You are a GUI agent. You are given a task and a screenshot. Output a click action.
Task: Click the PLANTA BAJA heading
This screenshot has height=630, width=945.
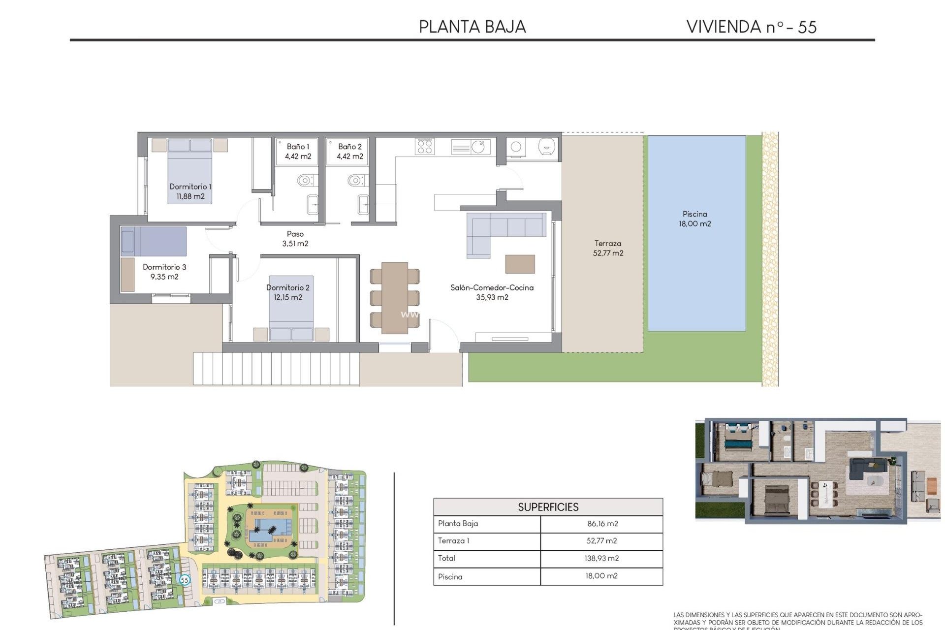click(x=472, y=27)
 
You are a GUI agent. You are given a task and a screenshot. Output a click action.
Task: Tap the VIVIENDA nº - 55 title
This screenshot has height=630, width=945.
click(x=751, y=27)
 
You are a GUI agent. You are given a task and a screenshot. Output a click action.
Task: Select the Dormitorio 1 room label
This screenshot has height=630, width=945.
click(x=190, y=191)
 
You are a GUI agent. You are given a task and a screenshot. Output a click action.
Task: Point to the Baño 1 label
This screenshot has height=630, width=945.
click(x=298, y=151)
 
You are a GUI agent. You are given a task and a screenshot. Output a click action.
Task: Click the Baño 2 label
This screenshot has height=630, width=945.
click(x=349, y=151)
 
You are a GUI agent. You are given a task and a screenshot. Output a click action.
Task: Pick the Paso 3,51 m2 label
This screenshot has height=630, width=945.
click(x=295, y=238)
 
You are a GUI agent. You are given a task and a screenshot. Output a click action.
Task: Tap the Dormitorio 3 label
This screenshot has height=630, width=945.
click(x=164, y=272)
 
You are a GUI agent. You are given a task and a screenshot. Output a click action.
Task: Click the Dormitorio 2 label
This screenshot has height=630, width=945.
click(x=288, y=292)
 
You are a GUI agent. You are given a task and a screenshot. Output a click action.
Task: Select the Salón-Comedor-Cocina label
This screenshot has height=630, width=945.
click(x=492, y=292)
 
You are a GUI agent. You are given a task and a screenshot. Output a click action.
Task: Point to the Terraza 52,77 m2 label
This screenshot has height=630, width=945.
click(x=608, y=248)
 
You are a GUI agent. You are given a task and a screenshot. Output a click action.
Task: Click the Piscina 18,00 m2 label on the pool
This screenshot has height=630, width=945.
click(x=694, y=219)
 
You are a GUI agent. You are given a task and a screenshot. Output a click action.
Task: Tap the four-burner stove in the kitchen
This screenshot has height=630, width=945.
click(x=424, y=146)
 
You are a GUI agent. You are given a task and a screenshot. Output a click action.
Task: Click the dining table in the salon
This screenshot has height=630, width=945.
click(x=394, y=297)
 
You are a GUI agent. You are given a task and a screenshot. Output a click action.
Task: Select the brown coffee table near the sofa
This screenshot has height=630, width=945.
click(x=520, y=264)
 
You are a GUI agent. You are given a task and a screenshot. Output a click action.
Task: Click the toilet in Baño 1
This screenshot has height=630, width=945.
click(x=305, y=181)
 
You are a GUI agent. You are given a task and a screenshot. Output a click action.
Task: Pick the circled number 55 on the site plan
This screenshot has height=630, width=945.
click(x=185, y=580)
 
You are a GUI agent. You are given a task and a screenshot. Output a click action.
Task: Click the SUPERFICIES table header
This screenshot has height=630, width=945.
click(x=548, y=507)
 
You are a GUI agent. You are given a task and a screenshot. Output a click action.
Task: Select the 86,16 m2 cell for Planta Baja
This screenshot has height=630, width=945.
click(x=602, y=524)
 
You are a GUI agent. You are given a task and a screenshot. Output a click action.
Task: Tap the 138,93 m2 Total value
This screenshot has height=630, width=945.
click(x=602, y=558)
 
